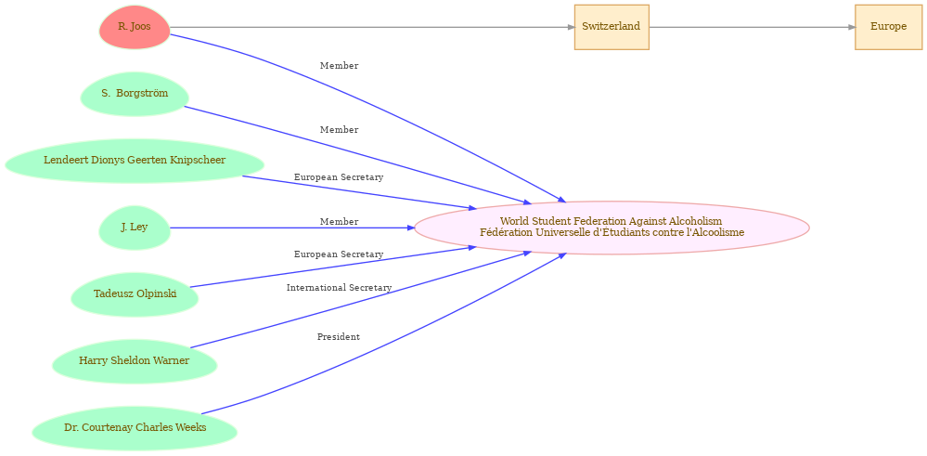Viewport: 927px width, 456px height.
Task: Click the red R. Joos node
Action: (x=135, y=27)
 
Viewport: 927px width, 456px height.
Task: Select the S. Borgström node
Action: (x=135, y=94)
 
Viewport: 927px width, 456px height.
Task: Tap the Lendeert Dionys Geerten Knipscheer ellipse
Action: (x=135, y=161)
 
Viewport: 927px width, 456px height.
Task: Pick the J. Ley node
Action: (x=135, y=228)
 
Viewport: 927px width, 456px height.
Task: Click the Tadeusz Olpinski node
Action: (x=135, y=294)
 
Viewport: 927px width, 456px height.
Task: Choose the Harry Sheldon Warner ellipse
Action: (x=135, y=361)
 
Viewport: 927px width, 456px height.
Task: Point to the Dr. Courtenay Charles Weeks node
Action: (x=135, y=428)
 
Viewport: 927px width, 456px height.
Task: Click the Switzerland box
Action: (x=611, y=27)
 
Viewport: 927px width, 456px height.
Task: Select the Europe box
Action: (x=888, y=27)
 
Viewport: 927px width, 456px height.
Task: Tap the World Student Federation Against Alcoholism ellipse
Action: (x=612, y=228)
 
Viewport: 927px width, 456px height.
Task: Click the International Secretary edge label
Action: (x=339, y=288)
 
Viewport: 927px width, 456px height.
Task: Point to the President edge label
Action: (x=339, y=337)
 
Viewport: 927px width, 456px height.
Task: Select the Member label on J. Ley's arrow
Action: (x=339, y=222)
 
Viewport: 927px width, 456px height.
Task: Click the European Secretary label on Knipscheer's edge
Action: (x=339, y=177)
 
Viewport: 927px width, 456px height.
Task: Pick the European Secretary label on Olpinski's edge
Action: (x=339, y=254)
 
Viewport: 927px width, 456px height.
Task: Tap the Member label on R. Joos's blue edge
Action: (x=339, y=66)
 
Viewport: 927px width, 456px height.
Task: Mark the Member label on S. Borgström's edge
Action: (x=339, y=130)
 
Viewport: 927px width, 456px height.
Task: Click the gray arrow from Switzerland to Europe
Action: (x=752, y=27)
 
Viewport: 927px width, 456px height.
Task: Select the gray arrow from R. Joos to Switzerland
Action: (x=371, y=27)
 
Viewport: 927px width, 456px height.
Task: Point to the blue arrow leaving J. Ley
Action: (x=278, y=228)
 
